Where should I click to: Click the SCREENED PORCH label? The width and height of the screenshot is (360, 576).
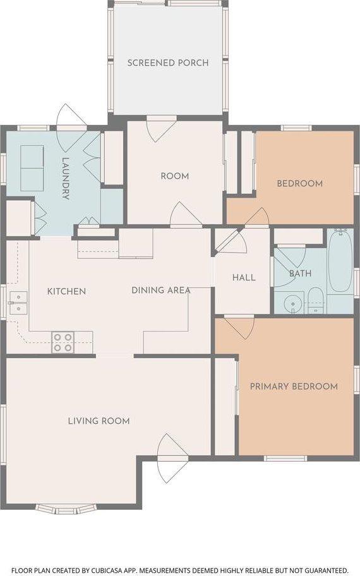pyautogui.click(x=168, y=63)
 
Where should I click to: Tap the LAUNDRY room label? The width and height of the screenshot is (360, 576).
pyautogui.click(x=66, y=178)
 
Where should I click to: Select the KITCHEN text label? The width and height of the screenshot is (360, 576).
pyautogui.click(x=66, y=291)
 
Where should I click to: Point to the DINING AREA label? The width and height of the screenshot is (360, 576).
pyautogui.click(x=161, y=290)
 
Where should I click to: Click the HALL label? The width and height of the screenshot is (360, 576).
pyautogui.click(x=244, y=277)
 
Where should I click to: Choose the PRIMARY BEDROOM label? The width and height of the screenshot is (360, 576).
pyautogui.click(x=294, y=387)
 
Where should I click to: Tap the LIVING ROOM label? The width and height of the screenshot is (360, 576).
pyautogui.click(x=99, y=421)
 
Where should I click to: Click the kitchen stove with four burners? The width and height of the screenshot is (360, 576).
pyautogui.click(x=63, y=342)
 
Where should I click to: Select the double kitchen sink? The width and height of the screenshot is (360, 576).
pyautogui.click(x=18, y=303)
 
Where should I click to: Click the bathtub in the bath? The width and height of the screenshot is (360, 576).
pyautogui.click(x=340, y=261)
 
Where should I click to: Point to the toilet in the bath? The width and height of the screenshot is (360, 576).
pyautogui.click(x=315, y=300)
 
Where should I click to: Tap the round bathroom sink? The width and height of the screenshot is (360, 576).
pyautogui.click(x=293, y=303)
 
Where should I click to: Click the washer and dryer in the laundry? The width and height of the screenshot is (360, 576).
pyautogui.click(x=32, y=168)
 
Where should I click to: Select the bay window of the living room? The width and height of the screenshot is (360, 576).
pyautogui.click(x=66, y=509)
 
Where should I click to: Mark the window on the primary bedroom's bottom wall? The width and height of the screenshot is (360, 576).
pyautogui.click(x=285, y=459)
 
